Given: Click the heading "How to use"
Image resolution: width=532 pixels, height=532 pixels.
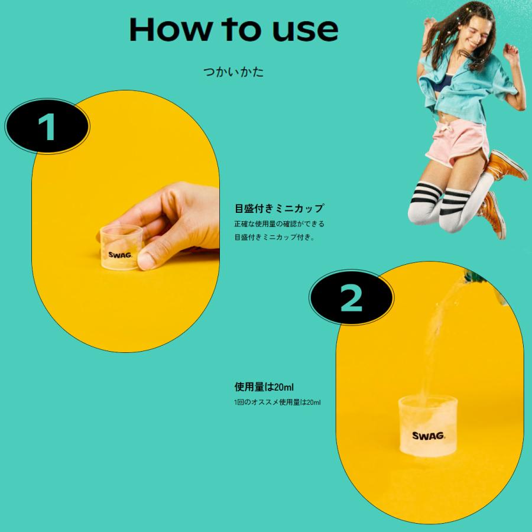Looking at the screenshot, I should click(233, 28).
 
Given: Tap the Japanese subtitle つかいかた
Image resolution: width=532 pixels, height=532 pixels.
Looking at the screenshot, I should click(233, 73).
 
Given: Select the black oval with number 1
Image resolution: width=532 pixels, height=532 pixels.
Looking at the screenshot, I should click(47, 126).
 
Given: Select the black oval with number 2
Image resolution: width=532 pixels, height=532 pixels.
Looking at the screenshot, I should click(352, 300).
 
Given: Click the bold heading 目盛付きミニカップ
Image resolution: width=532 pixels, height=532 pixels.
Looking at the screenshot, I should click(279, 208).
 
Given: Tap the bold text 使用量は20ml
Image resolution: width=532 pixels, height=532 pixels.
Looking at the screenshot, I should click(264, 388).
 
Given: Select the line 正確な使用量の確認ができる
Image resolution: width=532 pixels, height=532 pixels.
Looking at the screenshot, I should click(279, 224).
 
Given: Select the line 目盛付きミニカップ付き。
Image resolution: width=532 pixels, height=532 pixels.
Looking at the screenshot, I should click(275, 238).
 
